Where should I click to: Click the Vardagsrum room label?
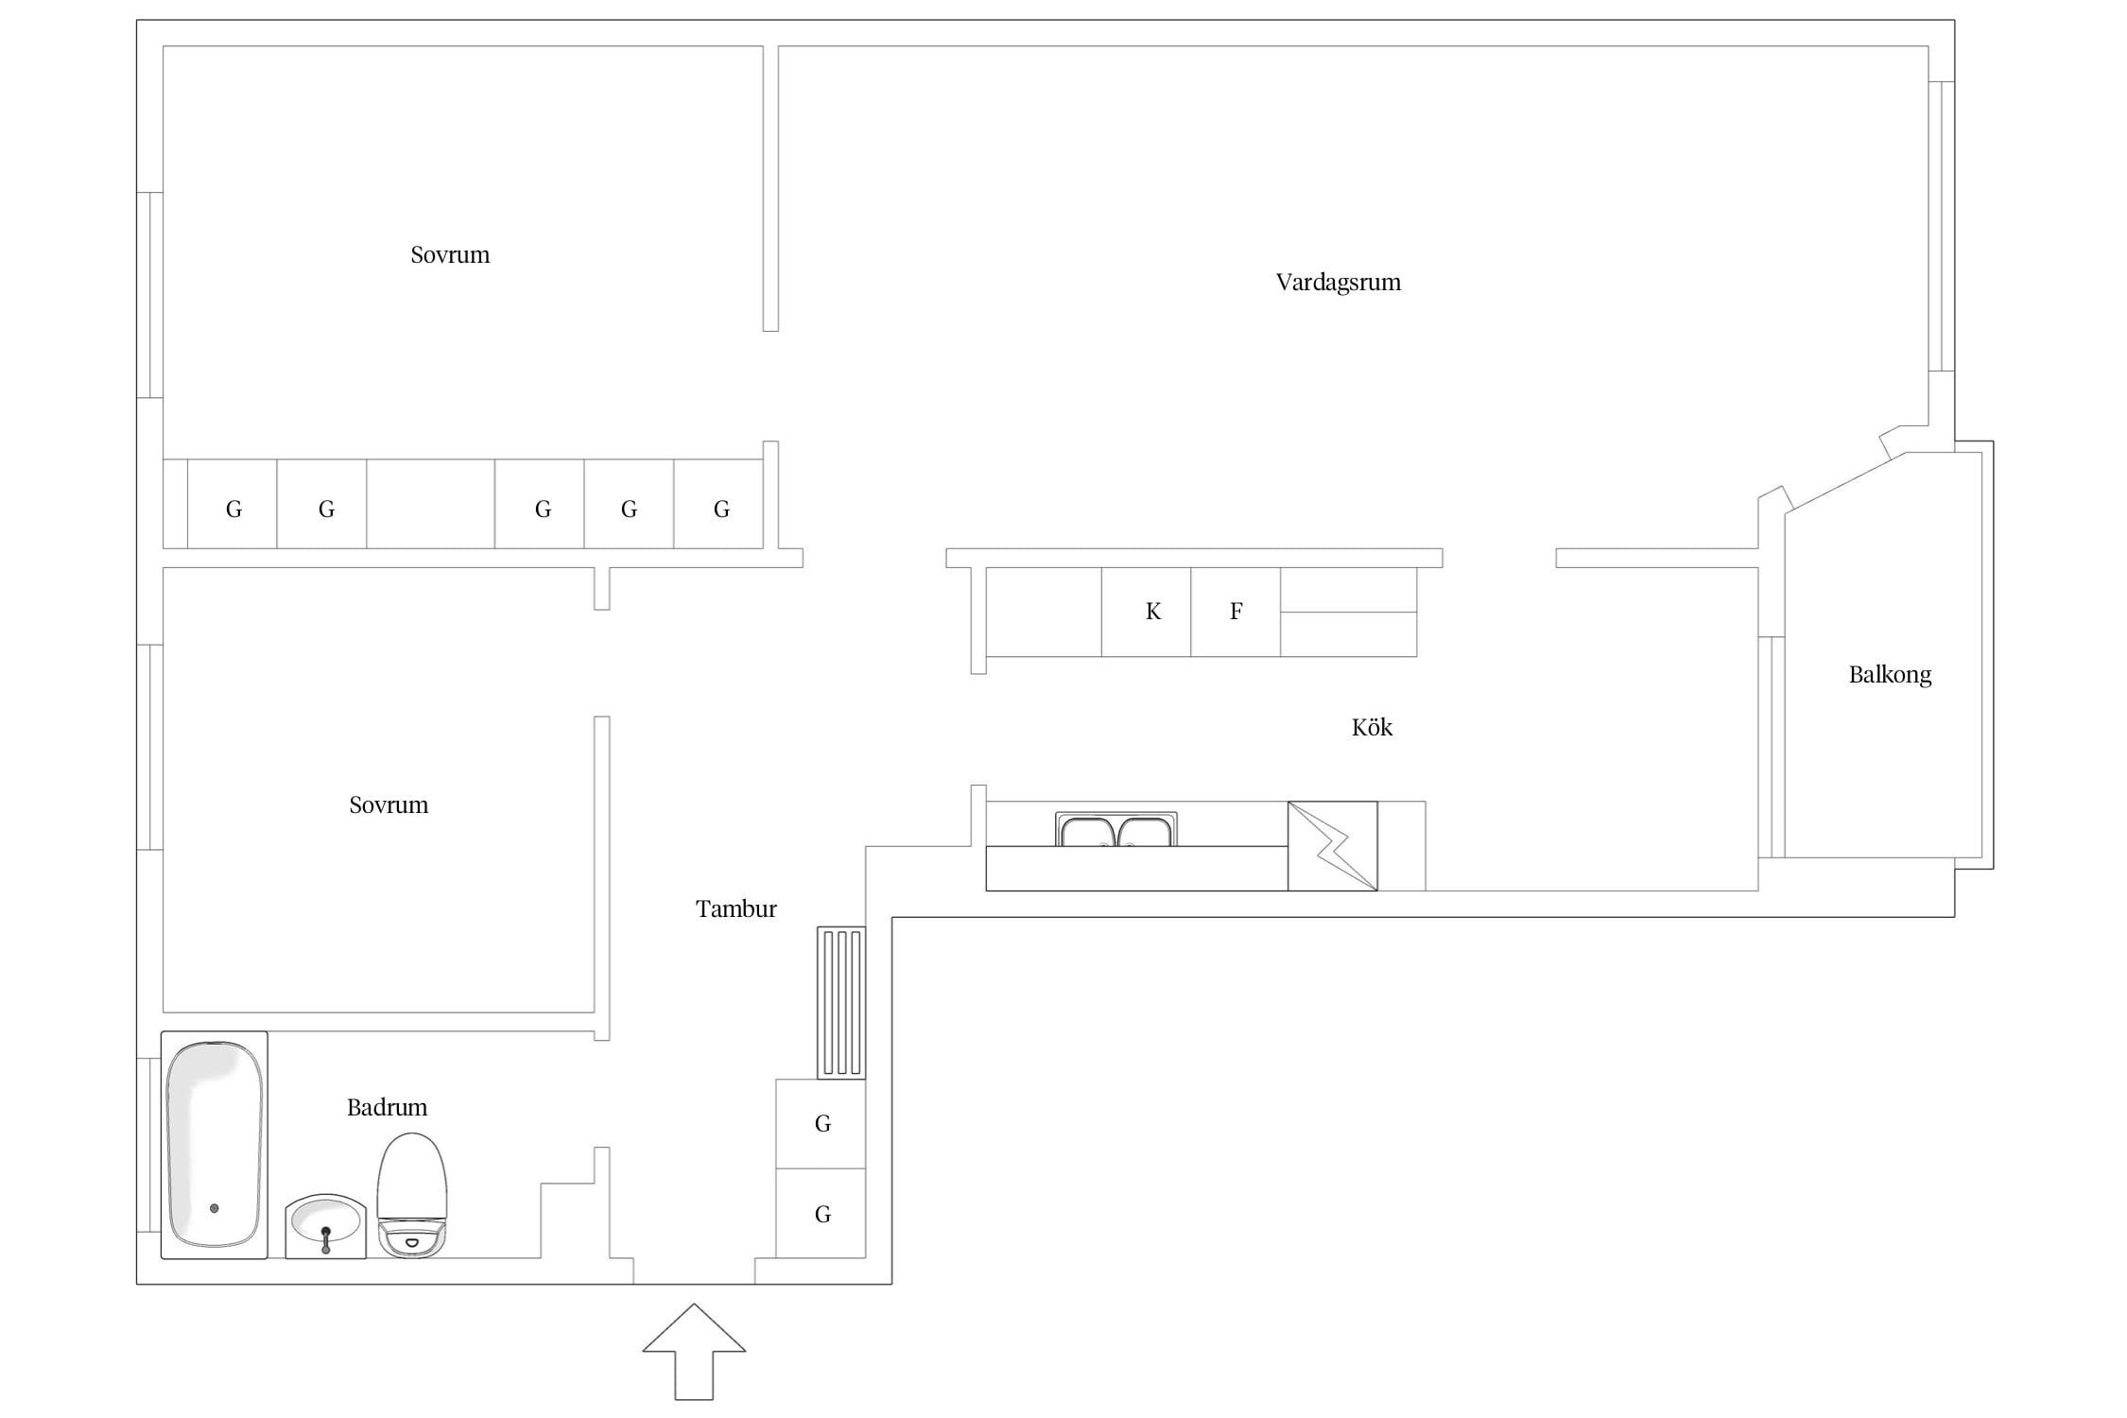[x=1338, y=282]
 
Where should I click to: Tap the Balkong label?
[x=1890, y=675]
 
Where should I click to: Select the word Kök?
[x=1372, y=727]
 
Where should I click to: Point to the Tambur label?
[x=735, y=908]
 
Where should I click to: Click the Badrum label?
[x=387, y=1107]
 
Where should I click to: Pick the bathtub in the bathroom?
[x=215, y=1145]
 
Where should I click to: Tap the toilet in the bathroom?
[x=412, y=1195]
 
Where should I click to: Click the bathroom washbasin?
[x=326, y=1226]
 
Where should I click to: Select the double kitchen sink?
[x=1116, y=829]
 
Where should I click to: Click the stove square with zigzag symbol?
[x=1333, y=846]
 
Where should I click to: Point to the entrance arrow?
[x=694, y=1352]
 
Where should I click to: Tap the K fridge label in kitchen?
[x=1153, y=612]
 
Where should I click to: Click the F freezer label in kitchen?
[x=1236, y=612]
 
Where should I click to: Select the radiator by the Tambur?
[x=841, y=1003]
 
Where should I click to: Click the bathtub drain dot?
[x=215, y=1208]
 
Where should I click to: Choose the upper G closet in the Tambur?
[x=821, y=1124]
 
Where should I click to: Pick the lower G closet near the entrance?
[x=821, y=1214]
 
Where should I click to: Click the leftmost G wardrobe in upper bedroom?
[x=233, y=504]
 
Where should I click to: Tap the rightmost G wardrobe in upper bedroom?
[x=718, y=504]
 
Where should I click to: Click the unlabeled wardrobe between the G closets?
[x=431, y=504]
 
